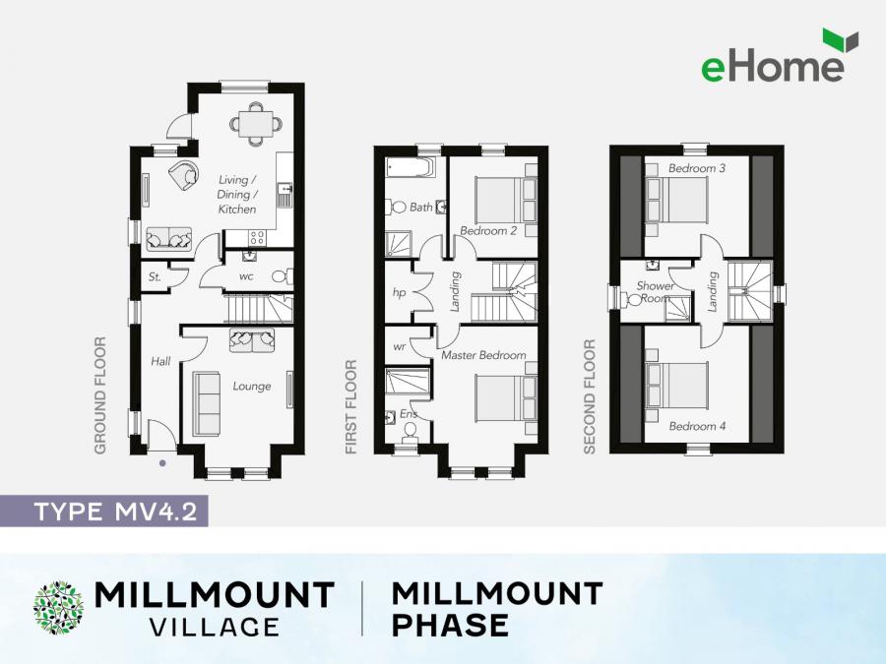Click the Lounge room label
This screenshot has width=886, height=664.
click(252, 387)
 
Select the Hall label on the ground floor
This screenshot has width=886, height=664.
click(160, 361)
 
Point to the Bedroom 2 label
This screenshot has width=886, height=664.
click(488, 231)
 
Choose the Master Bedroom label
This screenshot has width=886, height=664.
click(482, 354)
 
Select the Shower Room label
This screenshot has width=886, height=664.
click(655, 292)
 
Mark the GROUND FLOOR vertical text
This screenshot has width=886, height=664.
click(100, 395)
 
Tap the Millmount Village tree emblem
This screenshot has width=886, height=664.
click(59, 608)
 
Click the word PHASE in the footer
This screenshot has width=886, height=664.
click(450, 625)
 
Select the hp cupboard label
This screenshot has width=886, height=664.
click(399, 292)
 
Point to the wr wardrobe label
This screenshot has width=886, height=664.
click(399, 347)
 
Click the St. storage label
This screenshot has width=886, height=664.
click(155, 278)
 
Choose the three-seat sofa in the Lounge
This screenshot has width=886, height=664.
click(205, 402)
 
